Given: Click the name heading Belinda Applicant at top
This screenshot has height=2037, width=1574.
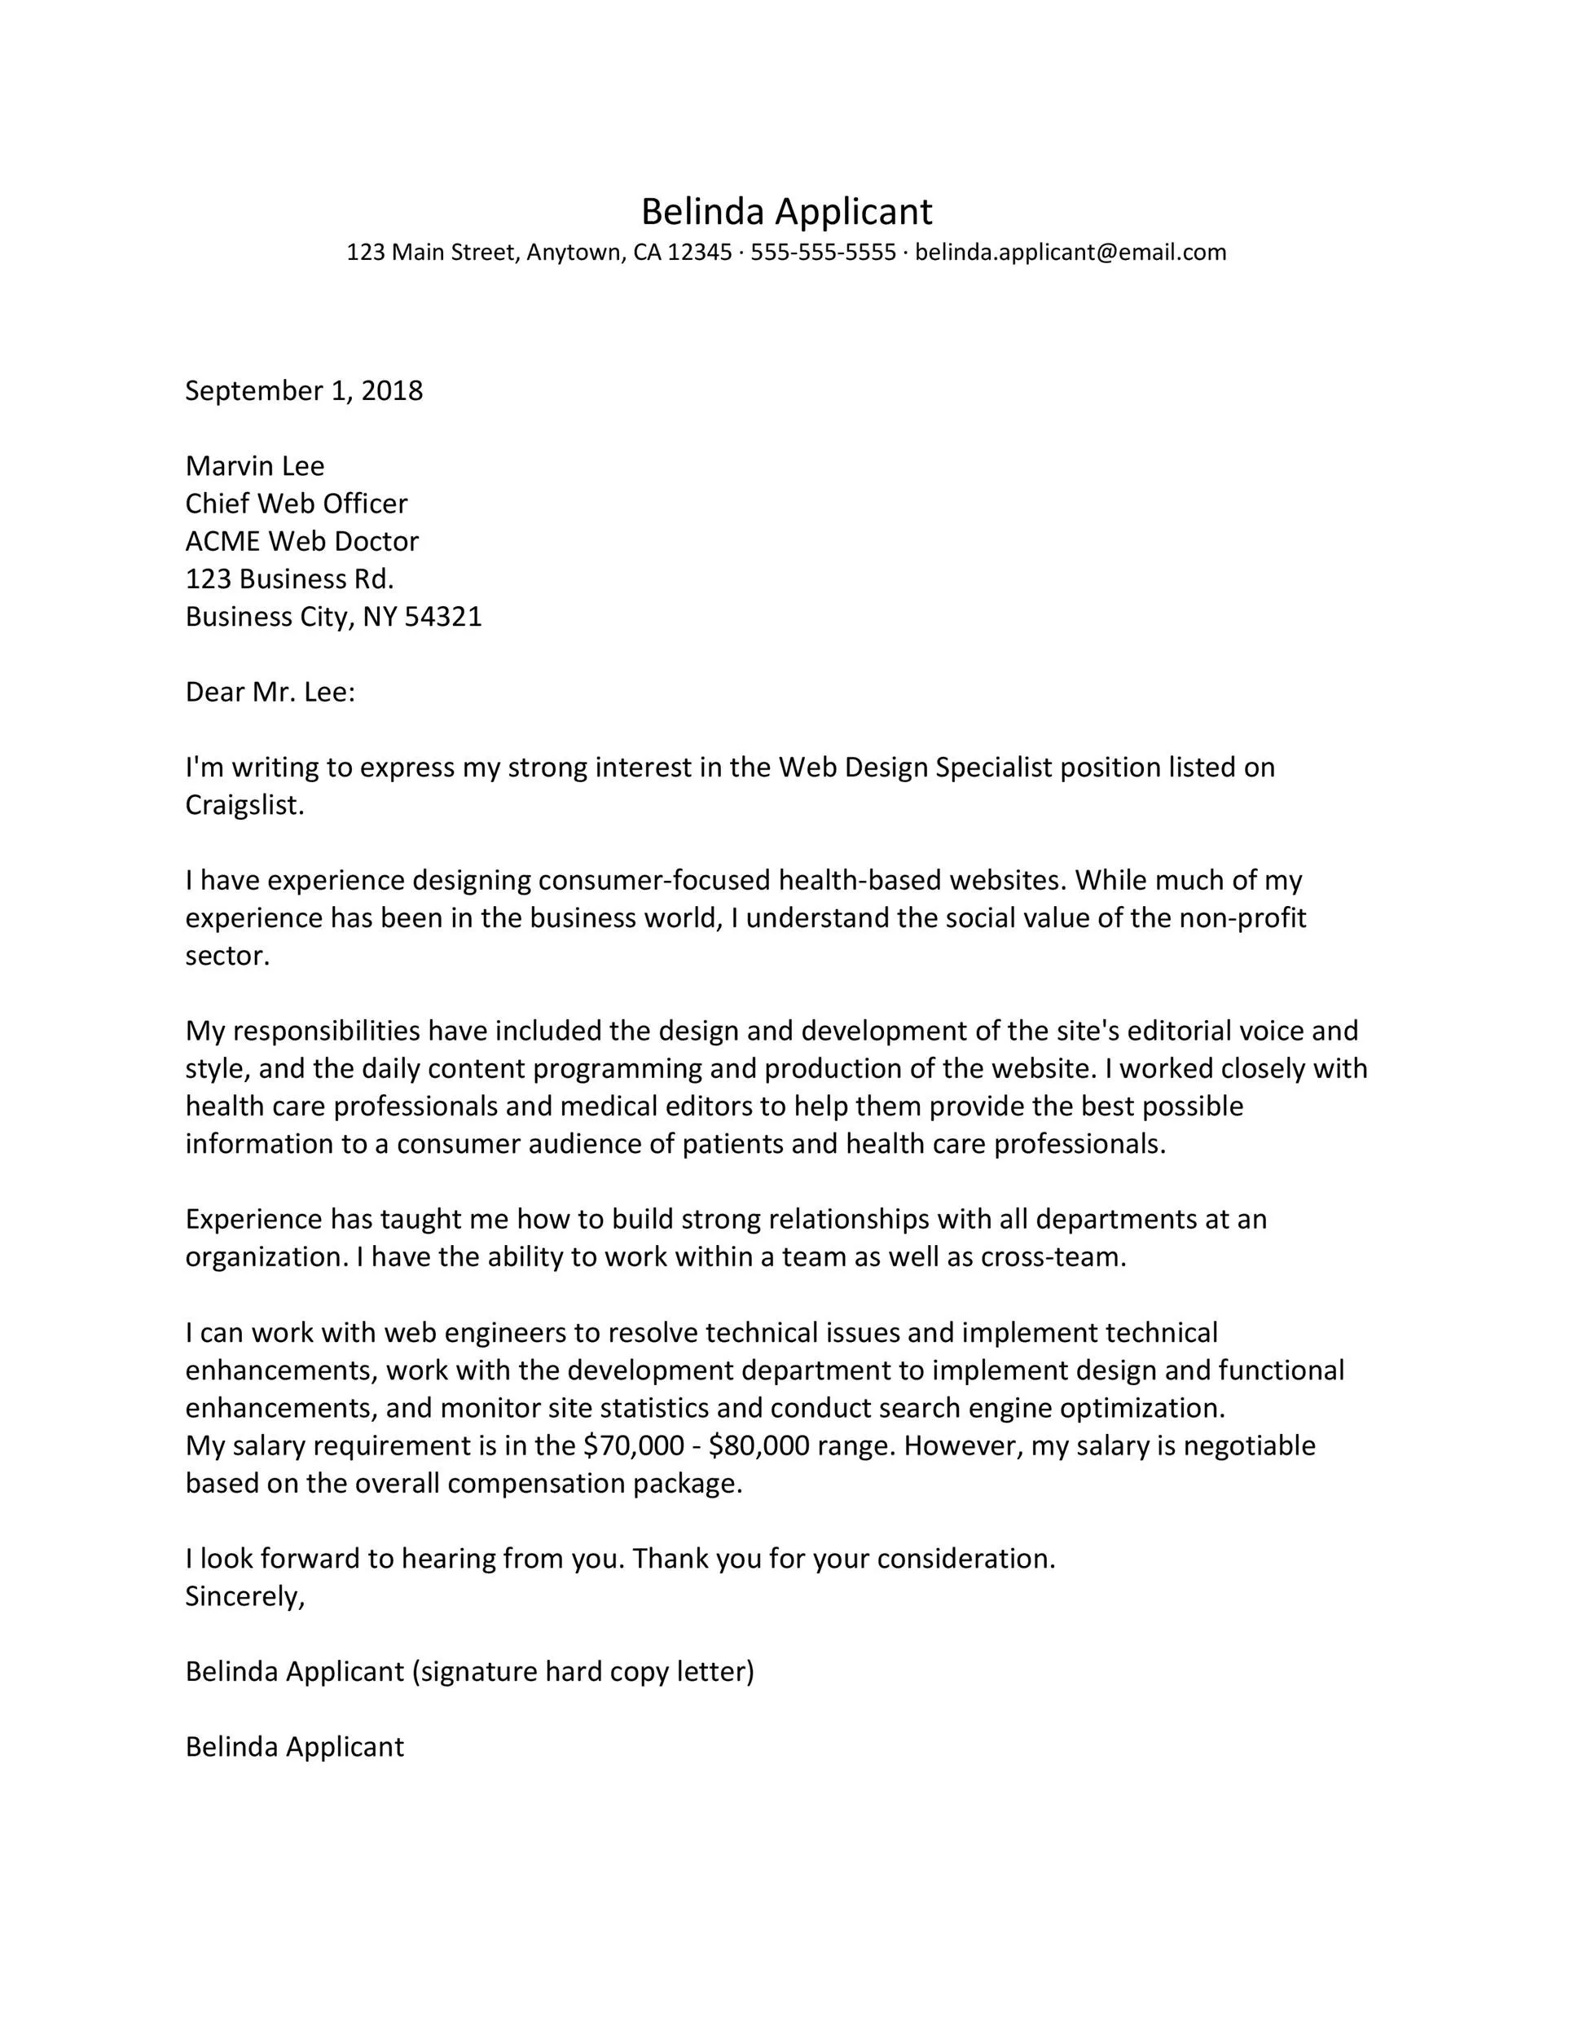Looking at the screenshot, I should coord(786,213).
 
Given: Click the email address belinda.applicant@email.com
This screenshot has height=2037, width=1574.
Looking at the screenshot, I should coord(1070,253).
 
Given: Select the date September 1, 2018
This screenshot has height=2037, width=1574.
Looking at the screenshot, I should coord(304,391).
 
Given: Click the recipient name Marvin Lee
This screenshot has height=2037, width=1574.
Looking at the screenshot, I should coord(254,466).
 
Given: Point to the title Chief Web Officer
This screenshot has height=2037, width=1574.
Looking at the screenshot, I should coord(297,504).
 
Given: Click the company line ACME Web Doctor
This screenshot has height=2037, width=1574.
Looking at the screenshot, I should coord(302,542).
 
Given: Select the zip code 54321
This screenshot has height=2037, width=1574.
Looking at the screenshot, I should coord(443,618).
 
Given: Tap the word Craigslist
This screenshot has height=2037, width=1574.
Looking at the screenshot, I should coord(244,806).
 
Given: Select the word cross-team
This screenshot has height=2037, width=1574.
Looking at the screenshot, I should coord(1053,1257).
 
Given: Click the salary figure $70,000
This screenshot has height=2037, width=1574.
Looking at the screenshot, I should coord(634,1445).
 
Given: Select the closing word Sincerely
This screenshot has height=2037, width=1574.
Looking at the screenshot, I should coord(244,1596).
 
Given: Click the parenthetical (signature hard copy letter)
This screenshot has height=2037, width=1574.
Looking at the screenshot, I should coord(583,1671).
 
